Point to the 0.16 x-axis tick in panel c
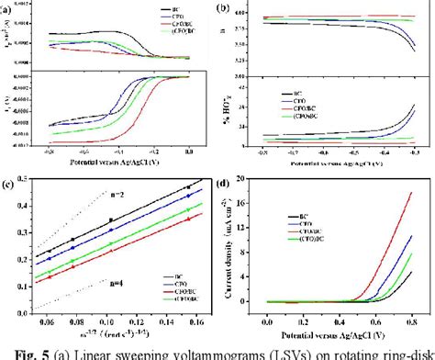coord(190,324)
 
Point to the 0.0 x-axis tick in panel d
coord(267,325)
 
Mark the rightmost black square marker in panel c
coord(188,187)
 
